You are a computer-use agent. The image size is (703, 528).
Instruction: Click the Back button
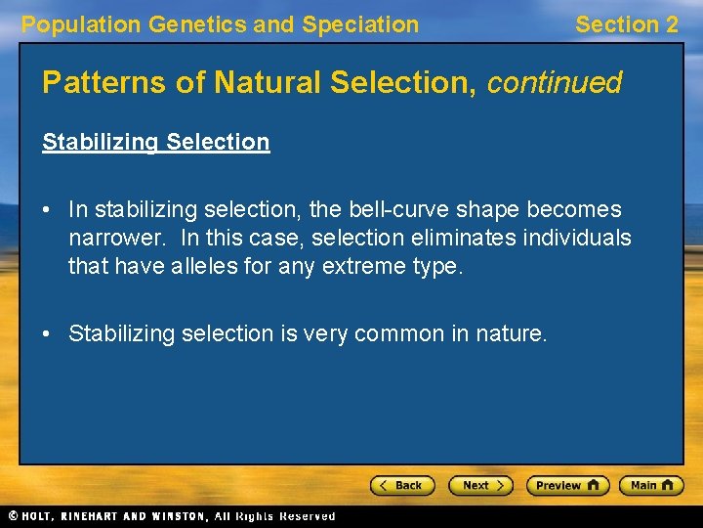click(x=402, y=485)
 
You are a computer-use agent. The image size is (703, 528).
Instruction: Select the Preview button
click(x=567, y=485)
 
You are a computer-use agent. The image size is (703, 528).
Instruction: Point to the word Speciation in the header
click(x=360, y=25)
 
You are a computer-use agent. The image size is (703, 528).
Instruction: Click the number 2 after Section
click(x=671, y=25)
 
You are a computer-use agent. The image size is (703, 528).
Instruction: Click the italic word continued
click(x=554, y=82)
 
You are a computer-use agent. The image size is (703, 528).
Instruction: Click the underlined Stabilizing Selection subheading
click(x=155, y=142)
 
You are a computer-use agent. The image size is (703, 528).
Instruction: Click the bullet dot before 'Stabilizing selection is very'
click(x=49, y=334)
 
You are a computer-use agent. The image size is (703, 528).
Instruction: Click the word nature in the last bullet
click(x=511, y=333)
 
